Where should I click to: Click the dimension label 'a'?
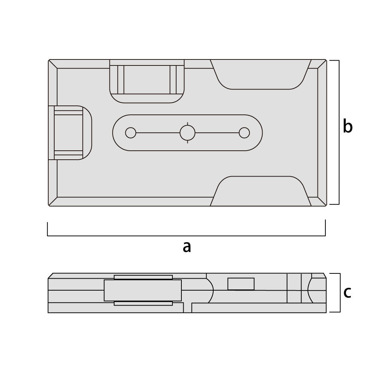[x=187, y=247]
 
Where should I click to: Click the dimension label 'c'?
[x=347, y=292]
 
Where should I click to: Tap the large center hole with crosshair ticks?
[x=187, y=133]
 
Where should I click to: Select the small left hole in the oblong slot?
[x=131, y=133]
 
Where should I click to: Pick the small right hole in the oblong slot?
[x=244, y=133]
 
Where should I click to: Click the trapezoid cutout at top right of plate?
[x=261, y=74]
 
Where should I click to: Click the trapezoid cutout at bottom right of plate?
[x=261, y=191]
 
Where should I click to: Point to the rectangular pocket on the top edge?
[x=147, y=81]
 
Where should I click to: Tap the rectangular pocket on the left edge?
[x=70, y=133]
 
